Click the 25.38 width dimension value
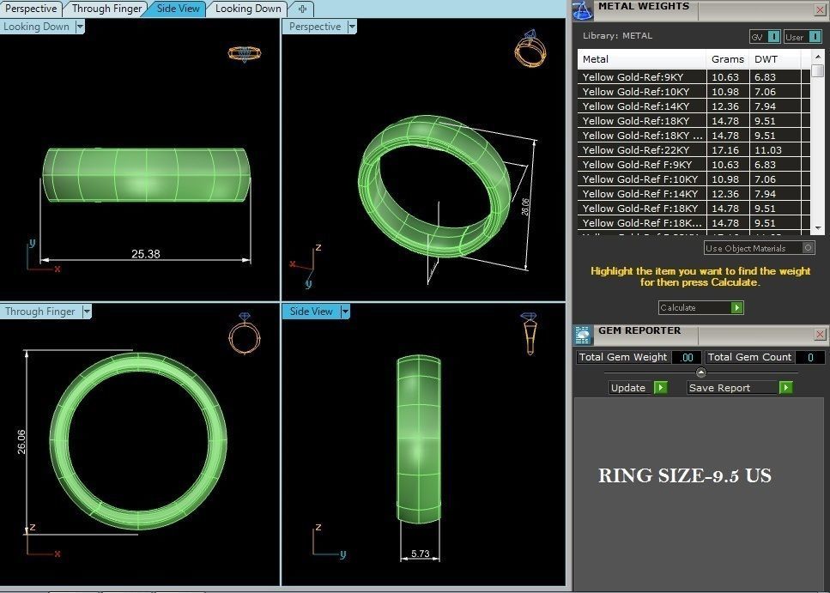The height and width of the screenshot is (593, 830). tap(145, 254)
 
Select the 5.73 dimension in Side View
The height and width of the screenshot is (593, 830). tap(420, 554)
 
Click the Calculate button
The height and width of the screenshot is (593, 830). tap(700, 307)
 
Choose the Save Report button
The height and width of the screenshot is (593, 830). tap(739, 388)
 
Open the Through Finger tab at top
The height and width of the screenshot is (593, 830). tap(106, 9)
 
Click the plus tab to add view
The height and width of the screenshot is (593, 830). tap(302, 9)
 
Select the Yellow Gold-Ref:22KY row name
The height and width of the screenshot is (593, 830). tap(636, 150)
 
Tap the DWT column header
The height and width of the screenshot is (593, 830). tap(764, 59)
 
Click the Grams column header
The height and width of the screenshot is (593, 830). tap(728, 59)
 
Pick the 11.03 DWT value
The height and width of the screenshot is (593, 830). tap(767, 150)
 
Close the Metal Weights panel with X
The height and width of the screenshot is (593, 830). tap(820, 10)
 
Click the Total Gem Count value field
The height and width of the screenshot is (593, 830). tap(809, 357)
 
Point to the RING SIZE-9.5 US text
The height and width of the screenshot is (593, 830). tap(684, 475)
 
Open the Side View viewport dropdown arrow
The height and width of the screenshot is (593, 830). tap(345, 312)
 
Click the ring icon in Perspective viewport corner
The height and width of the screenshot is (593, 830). tap(530, 49)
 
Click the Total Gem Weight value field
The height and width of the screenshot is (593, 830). tap(686, 357)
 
